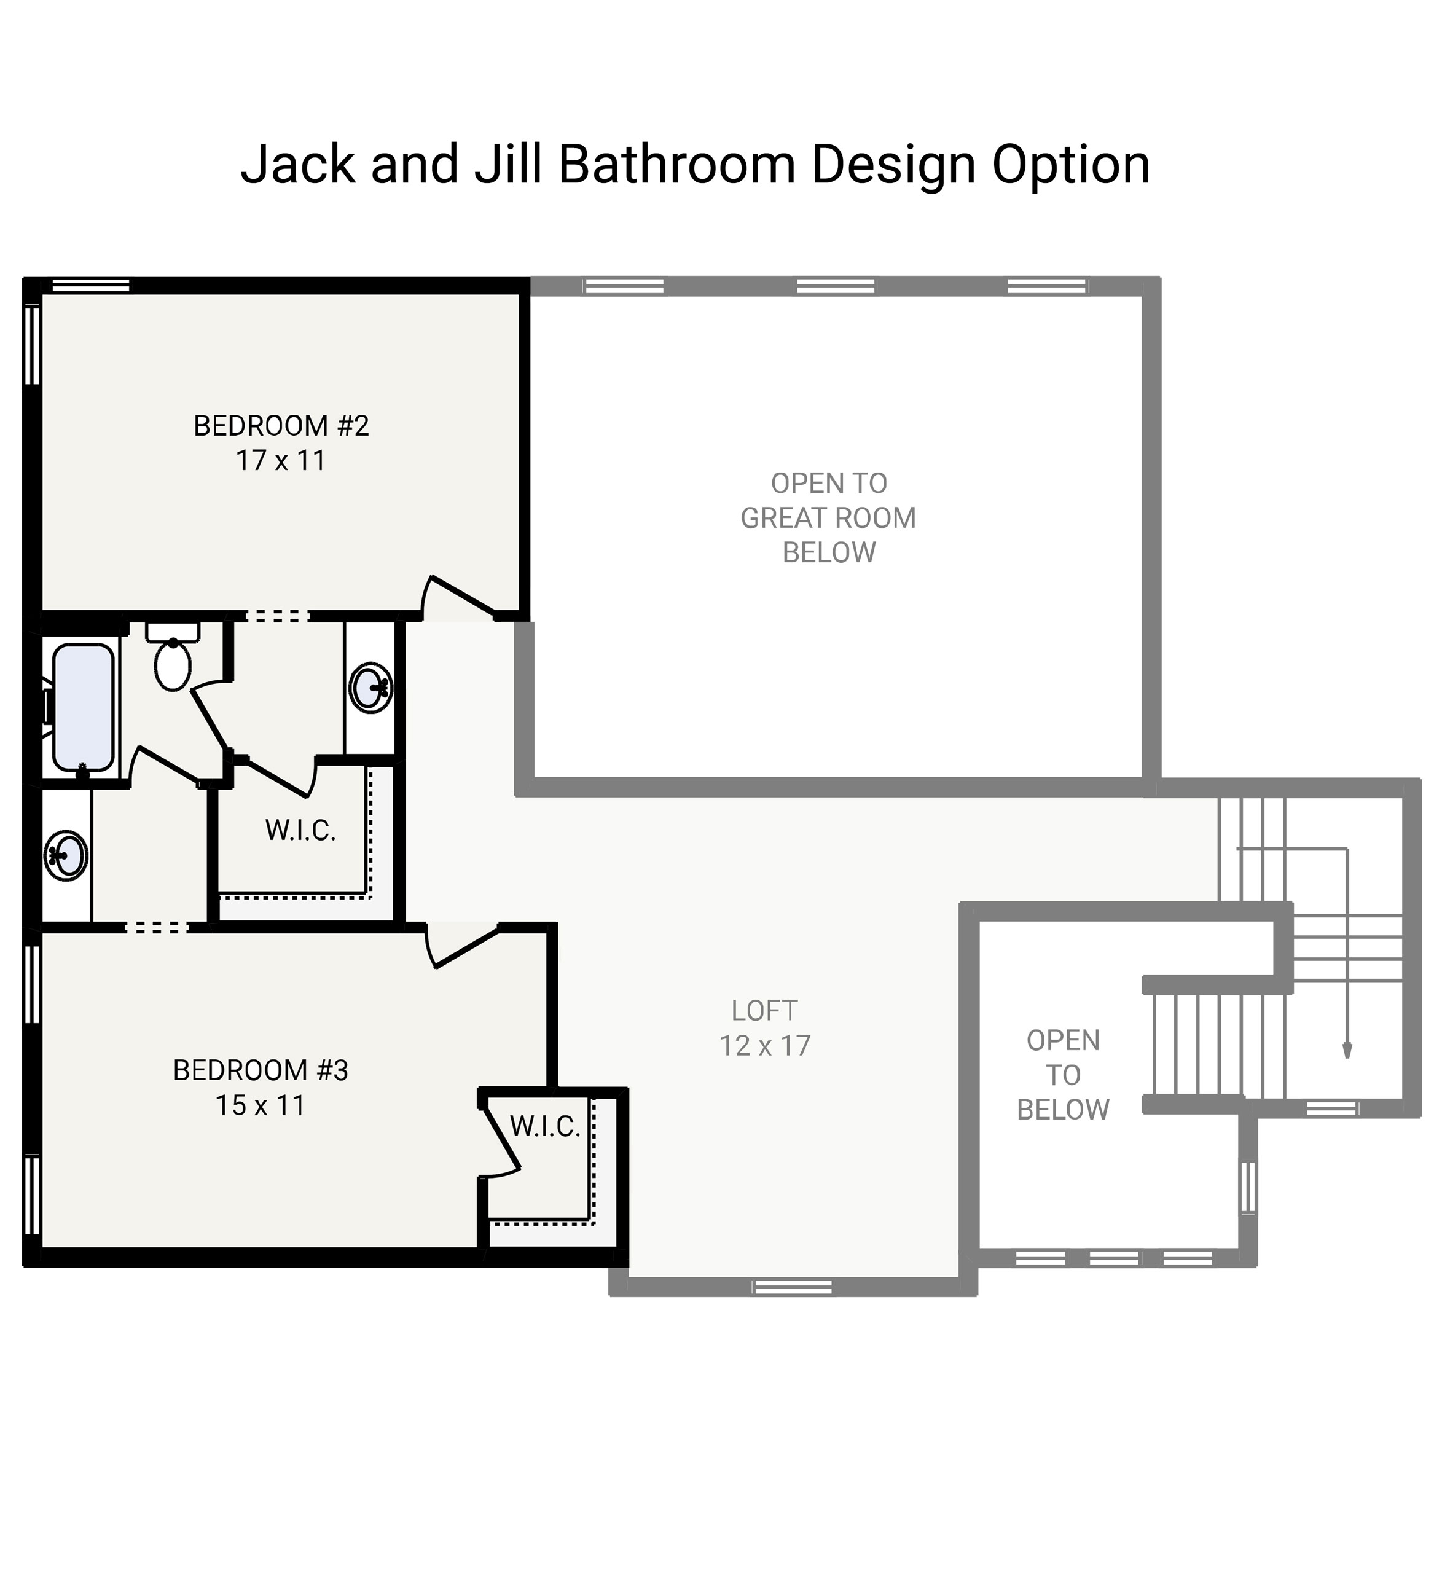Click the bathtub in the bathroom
(84, 708)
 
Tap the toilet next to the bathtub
(173, 663)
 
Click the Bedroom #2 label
(281, 426)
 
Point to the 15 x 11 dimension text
(260, 1105)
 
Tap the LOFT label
(764, 1011)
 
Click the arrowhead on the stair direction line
(1347, 1051)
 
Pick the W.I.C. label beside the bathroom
(300, 831)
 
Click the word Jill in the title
(508, 165)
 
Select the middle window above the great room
(835, 286)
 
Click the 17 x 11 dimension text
(280, 461)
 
